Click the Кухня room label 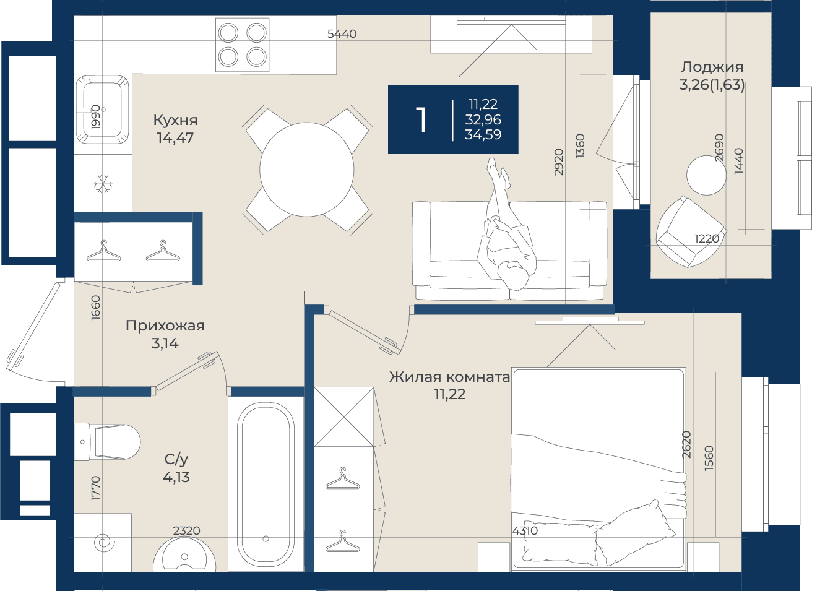coord(175,120)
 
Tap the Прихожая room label coord(165,326)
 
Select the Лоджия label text coord(712,67)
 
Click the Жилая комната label coord(450,377)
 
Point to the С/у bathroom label coord(176,459)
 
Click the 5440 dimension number coord(342,34)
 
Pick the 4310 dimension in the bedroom coord(525,530)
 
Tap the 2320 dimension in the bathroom coord(187,530)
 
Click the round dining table coord(307,170)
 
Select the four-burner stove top coord(243,45)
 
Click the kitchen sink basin coord(102,110)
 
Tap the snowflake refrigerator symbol coord(103,184)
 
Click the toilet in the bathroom coord(107,442)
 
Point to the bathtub coord(266,483)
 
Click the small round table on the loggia coord(706,175)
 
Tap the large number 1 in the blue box coord(421,119)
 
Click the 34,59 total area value coord(483,135)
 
